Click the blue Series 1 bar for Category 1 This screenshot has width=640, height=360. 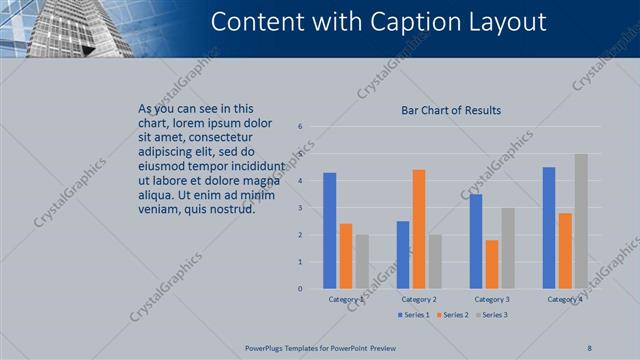(x=330, y=231)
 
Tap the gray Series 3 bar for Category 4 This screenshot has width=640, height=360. (x=581, y=221)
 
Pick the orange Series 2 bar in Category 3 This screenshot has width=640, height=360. (x=491, y=264)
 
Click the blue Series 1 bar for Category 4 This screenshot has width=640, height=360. (x=549, y=228)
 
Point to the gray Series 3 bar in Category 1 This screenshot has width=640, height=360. (x=362, y=262)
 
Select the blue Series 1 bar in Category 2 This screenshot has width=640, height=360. (x=403, y=255)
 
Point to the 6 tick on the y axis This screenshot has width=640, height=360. (x=300, y=127)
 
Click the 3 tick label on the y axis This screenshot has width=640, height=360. (x=300, y=208)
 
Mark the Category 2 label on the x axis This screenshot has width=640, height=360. (x=418, y=299)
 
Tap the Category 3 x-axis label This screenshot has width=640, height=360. (x=491, y=299)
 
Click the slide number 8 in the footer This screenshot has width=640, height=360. (x=589, y=348)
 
